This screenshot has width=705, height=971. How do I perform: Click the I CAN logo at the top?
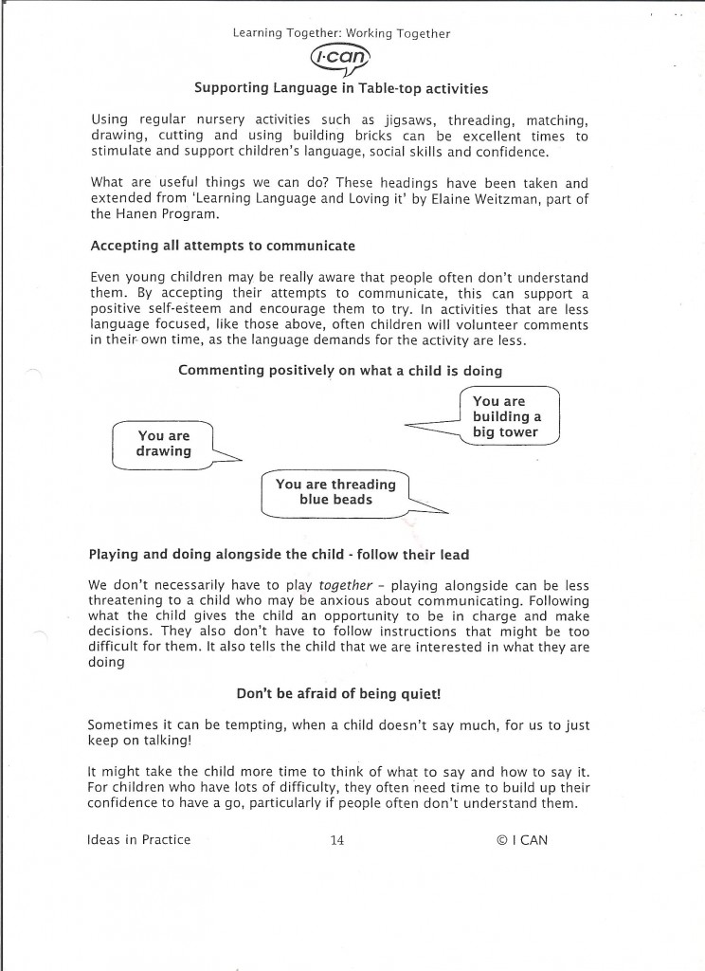point(341,60)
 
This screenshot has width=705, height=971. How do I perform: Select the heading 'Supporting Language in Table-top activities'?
point(341,88)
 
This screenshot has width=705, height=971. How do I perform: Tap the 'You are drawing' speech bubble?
point(164,444)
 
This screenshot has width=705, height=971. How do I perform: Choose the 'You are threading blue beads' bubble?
point(335,492)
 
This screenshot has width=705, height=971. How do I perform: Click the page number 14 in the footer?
point(336,839)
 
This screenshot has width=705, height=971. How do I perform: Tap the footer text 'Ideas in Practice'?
point(138,839)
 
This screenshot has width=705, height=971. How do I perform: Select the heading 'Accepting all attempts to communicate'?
point(223,246)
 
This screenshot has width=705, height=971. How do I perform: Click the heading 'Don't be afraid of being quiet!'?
point(339,693)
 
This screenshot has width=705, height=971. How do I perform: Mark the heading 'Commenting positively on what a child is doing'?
point(340,370)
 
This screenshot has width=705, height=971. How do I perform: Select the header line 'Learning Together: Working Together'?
point(341,34)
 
